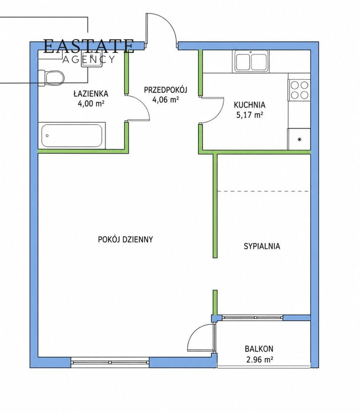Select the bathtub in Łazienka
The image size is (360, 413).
(x=72, y=136)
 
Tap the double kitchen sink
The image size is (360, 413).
(x=251, y=61)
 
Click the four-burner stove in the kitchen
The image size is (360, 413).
(x=299, y=89)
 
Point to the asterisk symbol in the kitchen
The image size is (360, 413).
(x=300, y=140)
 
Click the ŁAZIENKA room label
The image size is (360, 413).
(x=91, y=93)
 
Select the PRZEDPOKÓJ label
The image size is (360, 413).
(x=165, y=90)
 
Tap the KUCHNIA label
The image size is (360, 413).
(x=249, y=105)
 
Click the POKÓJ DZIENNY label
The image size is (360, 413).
(x=125, y=239)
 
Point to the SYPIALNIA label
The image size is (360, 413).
(x=262, y=246)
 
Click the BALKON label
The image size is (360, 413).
(x=259, y=349)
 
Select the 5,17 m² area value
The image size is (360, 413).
(x=250, y=115)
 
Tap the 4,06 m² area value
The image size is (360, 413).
(x=165, y=100)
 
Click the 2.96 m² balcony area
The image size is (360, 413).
(x=259, y=359)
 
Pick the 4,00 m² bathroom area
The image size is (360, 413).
(x=91, y=103)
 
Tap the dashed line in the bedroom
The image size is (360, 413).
(x=263, y=191)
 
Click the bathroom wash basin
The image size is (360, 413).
(x=92, y=60)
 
